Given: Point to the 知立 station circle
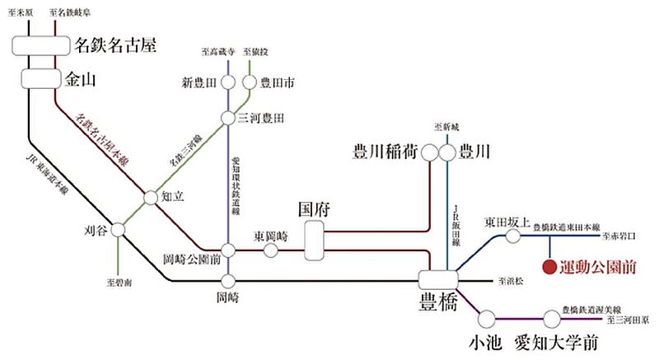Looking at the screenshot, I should (150, 198).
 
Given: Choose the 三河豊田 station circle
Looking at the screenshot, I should (229, 119).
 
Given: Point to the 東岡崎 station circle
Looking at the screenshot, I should (270, 250).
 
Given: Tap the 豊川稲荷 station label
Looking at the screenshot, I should (384, 152).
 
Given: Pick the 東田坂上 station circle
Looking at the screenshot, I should (512, 236).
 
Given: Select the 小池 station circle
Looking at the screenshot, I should (485, 317).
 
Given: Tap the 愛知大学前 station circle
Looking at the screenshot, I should (551, 317).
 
